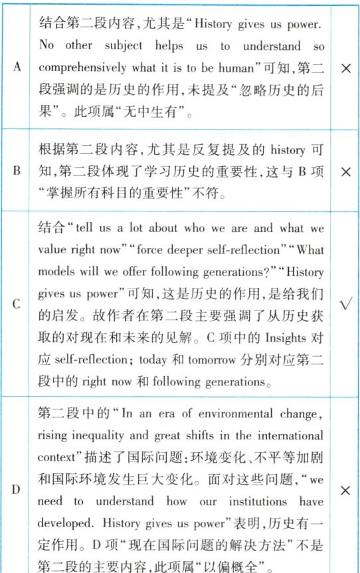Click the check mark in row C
[x=345, y=304]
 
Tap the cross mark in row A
[x=345, y=68]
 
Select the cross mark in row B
[x=345, y=171]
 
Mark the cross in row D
[x=345, y=491]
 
